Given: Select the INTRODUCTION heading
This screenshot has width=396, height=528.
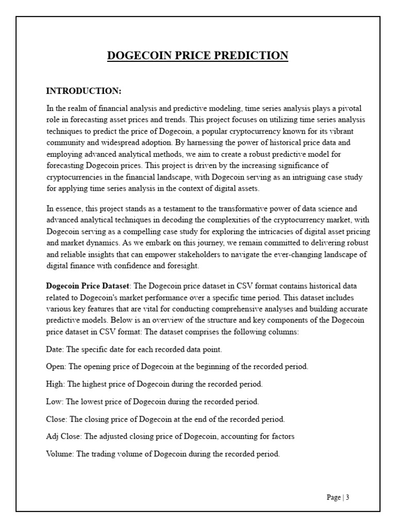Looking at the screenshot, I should (x=84, y=91).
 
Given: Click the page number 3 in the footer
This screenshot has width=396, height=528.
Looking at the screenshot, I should (x=348, y=498).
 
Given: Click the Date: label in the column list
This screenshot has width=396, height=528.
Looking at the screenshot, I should (x=55, y=349).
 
